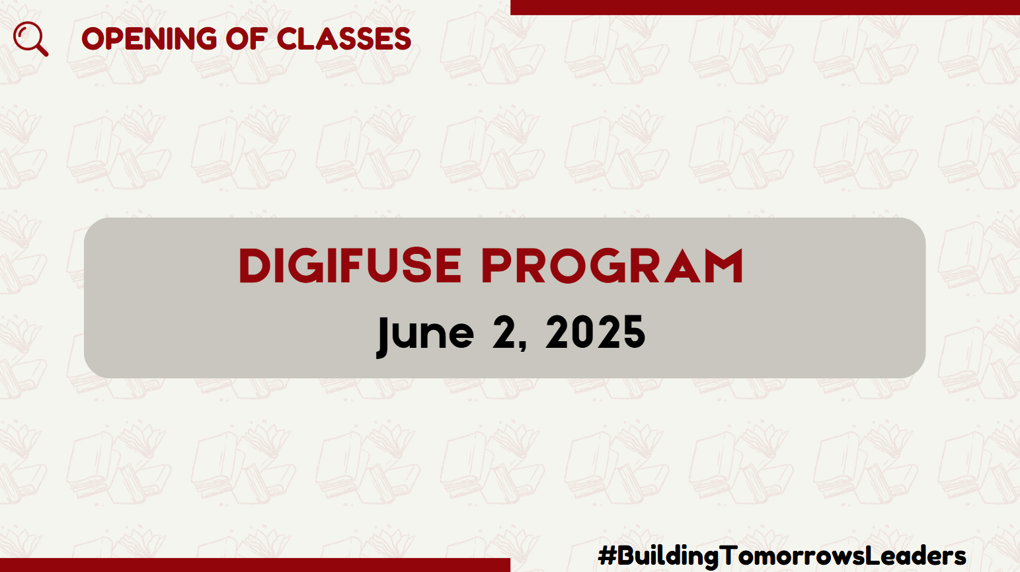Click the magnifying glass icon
(30, 39)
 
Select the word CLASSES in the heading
(344, 39)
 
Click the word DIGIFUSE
(350, 266)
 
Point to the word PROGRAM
(612, 266)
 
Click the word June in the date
(426, 335)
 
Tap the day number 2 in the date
(505, 332)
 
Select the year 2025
(596, 332)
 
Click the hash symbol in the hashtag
(607, 556)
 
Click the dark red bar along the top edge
(765, 7)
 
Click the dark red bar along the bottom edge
(255, 565)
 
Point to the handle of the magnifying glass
(42, 50)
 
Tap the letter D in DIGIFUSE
(255, 266)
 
